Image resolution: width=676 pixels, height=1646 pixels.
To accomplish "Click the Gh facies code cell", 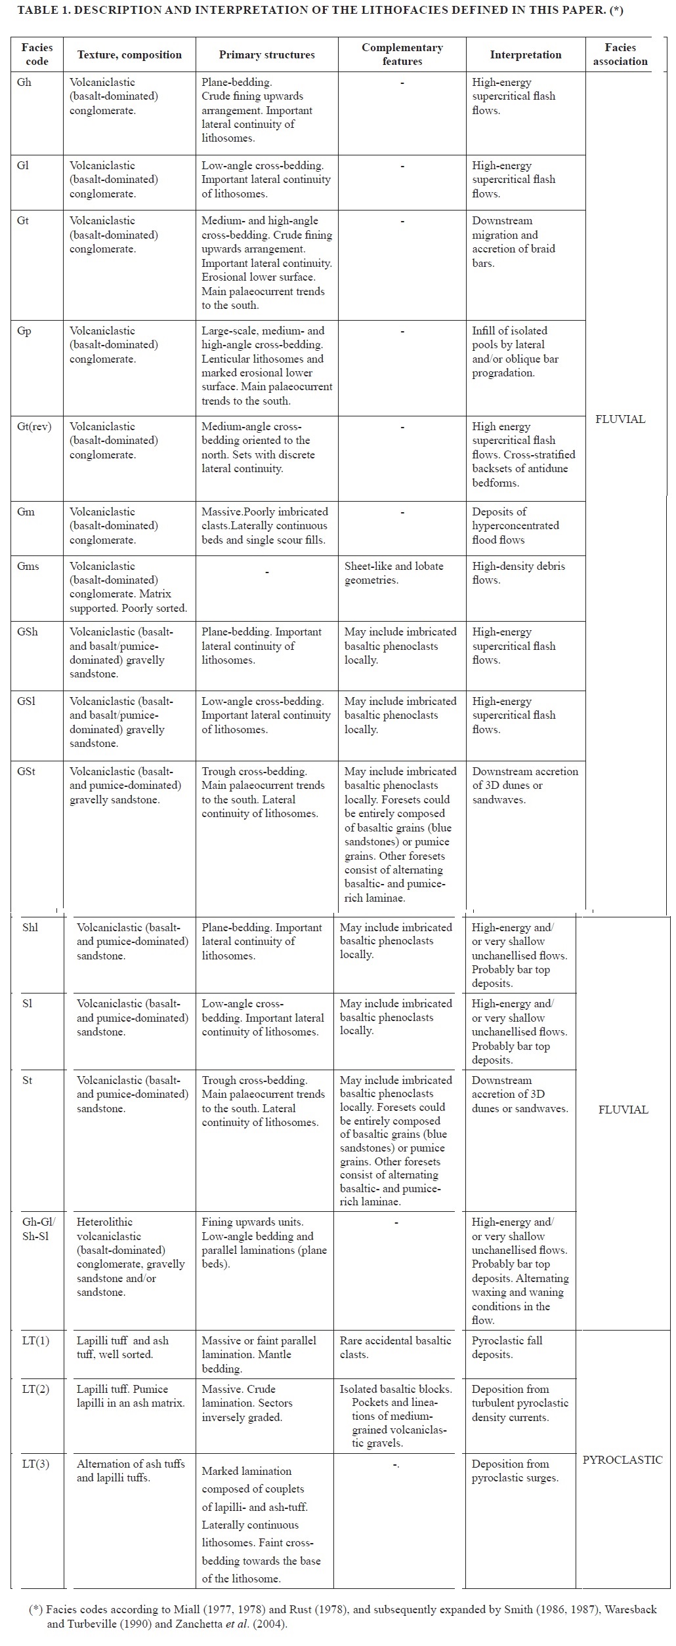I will tap(24, 83).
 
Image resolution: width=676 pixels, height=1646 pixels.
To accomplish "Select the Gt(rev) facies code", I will tap(33, 427).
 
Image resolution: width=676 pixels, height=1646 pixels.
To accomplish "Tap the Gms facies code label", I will tap(28, 567).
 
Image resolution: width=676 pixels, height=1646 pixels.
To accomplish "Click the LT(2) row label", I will tap(35, 1389).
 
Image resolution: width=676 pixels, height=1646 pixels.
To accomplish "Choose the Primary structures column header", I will tap(266, 55).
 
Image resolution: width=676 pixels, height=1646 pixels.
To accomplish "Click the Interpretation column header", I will tap(525, 55).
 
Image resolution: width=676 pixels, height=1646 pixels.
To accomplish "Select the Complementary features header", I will tap(402, 54).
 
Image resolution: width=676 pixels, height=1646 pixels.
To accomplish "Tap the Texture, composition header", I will tap(129, 55).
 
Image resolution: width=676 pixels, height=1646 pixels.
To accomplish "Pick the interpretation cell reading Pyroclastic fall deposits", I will tap(507, 1348).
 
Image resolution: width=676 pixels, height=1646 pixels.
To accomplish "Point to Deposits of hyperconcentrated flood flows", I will tap(515, 526).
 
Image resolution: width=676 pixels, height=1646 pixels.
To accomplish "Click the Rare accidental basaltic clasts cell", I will tap(395, 1348).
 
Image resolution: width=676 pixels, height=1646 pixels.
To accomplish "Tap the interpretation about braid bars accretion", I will tap(513, 242).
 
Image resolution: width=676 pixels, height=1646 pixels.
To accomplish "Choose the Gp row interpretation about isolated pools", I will tap(515, 351).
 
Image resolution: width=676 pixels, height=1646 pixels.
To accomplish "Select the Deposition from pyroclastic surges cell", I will tap(515, 1470).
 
